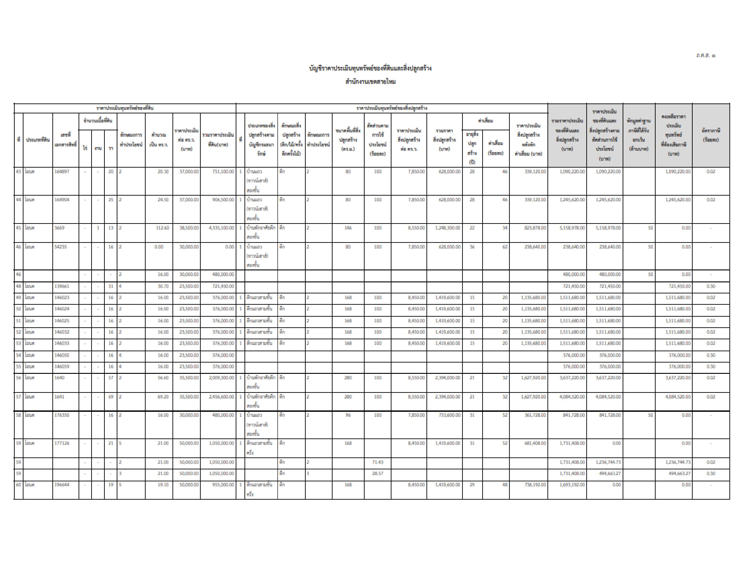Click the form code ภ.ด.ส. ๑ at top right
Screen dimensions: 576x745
pos(705,55)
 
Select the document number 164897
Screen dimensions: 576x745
pos(62,172)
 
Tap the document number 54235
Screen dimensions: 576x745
pos(61,247)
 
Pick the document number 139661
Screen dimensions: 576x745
pos(62,286)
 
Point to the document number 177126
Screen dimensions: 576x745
pos(62,443)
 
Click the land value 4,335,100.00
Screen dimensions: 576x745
pos(221,228)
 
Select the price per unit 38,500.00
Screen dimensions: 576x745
pos(189,228)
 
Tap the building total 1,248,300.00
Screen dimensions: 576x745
pos(447,228)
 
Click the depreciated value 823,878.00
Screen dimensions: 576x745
pos(534,228)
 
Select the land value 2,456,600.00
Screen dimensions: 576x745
pos(221,397)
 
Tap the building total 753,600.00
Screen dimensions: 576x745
pos(449,415)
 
